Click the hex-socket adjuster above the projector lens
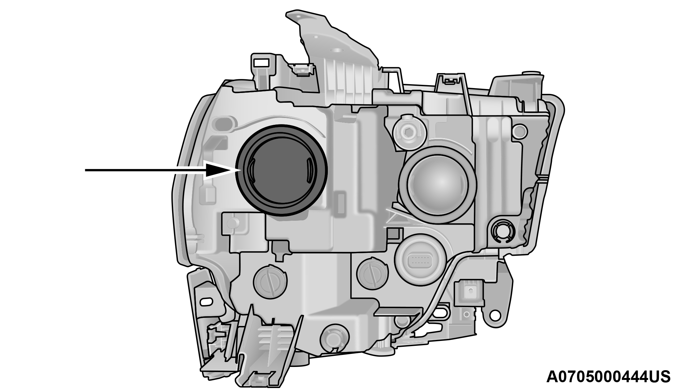(408, 132)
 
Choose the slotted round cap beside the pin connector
(373, 273)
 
